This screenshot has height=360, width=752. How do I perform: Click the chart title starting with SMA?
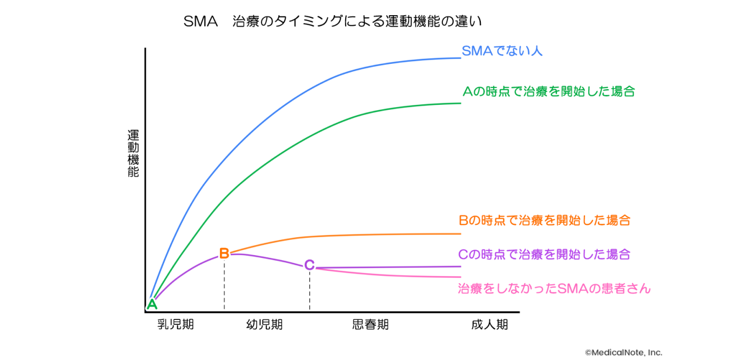coord(332,22)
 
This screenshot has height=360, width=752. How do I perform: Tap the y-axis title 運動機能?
coord(133,154)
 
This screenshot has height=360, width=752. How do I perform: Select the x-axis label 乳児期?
coord(176,324)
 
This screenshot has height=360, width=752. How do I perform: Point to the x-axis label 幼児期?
coord(264,324)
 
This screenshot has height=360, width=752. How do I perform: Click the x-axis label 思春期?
coord(370,324)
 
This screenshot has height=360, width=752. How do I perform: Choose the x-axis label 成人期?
coord(489,324)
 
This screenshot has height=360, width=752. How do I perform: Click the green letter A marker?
coord(152,304)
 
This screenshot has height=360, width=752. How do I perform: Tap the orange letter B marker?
coord(224,253)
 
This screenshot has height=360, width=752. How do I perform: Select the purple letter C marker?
coord(309,265)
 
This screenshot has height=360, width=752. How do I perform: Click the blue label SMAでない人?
coord(502,51)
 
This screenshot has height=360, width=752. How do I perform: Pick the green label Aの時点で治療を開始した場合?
coord(548,91)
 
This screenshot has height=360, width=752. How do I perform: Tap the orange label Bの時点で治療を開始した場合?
coord(545,221)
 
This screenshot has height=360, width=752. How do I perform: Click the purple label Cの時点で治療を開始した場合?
coord(544,254)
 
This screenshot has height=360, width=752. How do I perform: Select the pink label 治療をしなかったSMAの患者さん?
coord(554,289)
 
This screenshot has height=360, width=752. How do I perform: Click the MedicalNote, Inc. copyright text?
coord(623,352)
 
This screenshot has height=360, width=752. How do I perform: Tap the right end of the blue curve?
coord(460,57)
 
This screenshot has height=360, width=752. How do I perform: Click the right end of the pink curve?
coord(460,277)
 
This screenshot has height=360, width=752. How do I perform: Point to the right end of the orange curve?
coord(460,234)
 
